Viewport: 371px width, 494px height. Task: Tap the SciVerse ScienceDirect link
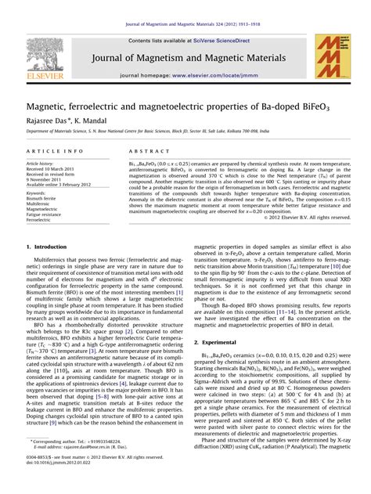pyautogui.click(x=217, y=39)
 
